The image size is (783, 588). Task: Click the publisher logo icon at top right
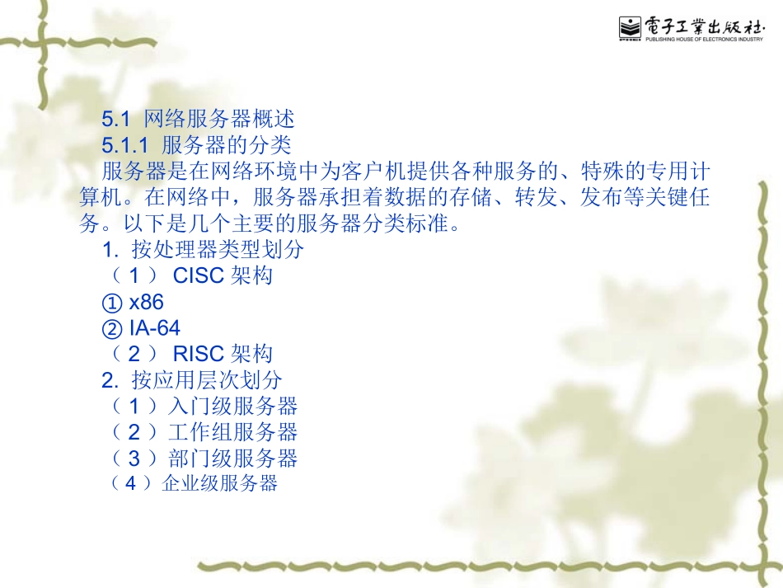(630, 28)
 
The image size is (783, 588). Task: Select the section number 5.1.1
(124, 146)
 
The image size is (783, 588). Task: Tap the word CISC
(198, 275)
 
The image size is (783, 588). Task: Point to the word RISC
(198, 354)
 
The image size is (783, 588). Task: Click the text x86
(147, 302)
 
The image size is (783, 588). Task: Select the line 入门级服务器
(232, 406)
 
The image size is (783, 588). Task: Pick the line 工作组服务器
(232, 432)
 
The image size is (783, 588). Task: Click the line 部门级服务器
(232, 458)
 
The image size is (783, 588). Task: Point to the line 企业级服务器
(220, 483)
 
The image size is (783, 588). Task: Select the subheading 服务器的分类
(227, 146)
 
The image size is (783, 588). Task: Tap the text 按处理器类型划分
(218, 250)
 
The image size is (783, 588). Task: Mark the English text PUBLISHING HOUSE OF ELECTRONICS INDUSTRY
(704, 38)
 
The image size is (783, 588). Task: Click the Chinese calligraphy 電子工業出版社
(704, 23)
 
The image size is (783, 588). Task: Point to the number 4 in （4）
(130, 483)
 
